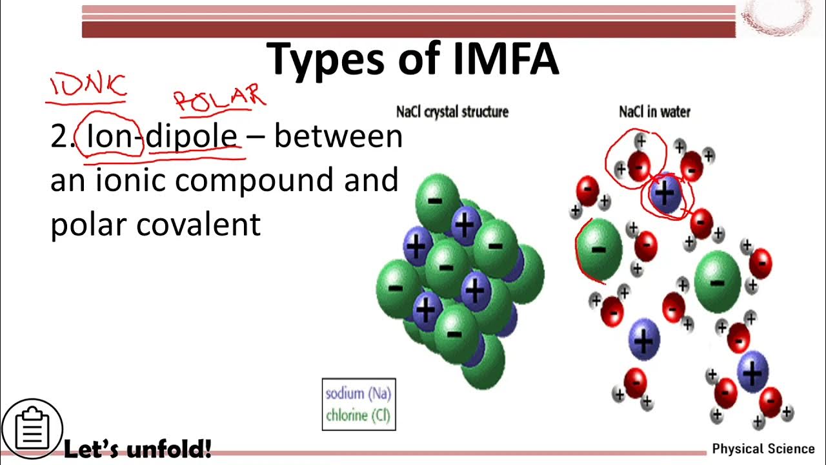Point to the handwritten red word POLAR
tap(219, 98)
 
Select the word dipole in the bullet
tap(192, 137)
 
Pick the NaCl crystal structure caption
tap(452, 112)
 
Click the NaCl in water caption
tap(654, 112)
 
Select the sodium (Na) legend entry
tap(358, 393)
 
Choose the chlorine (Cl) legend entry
tap(358, 415)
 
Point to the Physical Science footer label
tap(763, 449)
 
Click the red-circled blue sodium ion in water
tap(665, 194)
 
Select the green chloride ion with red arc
tap(598, 249)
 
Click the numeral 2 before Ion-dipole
tap(59, 137)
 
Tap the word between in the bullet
tap(338, 137)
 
